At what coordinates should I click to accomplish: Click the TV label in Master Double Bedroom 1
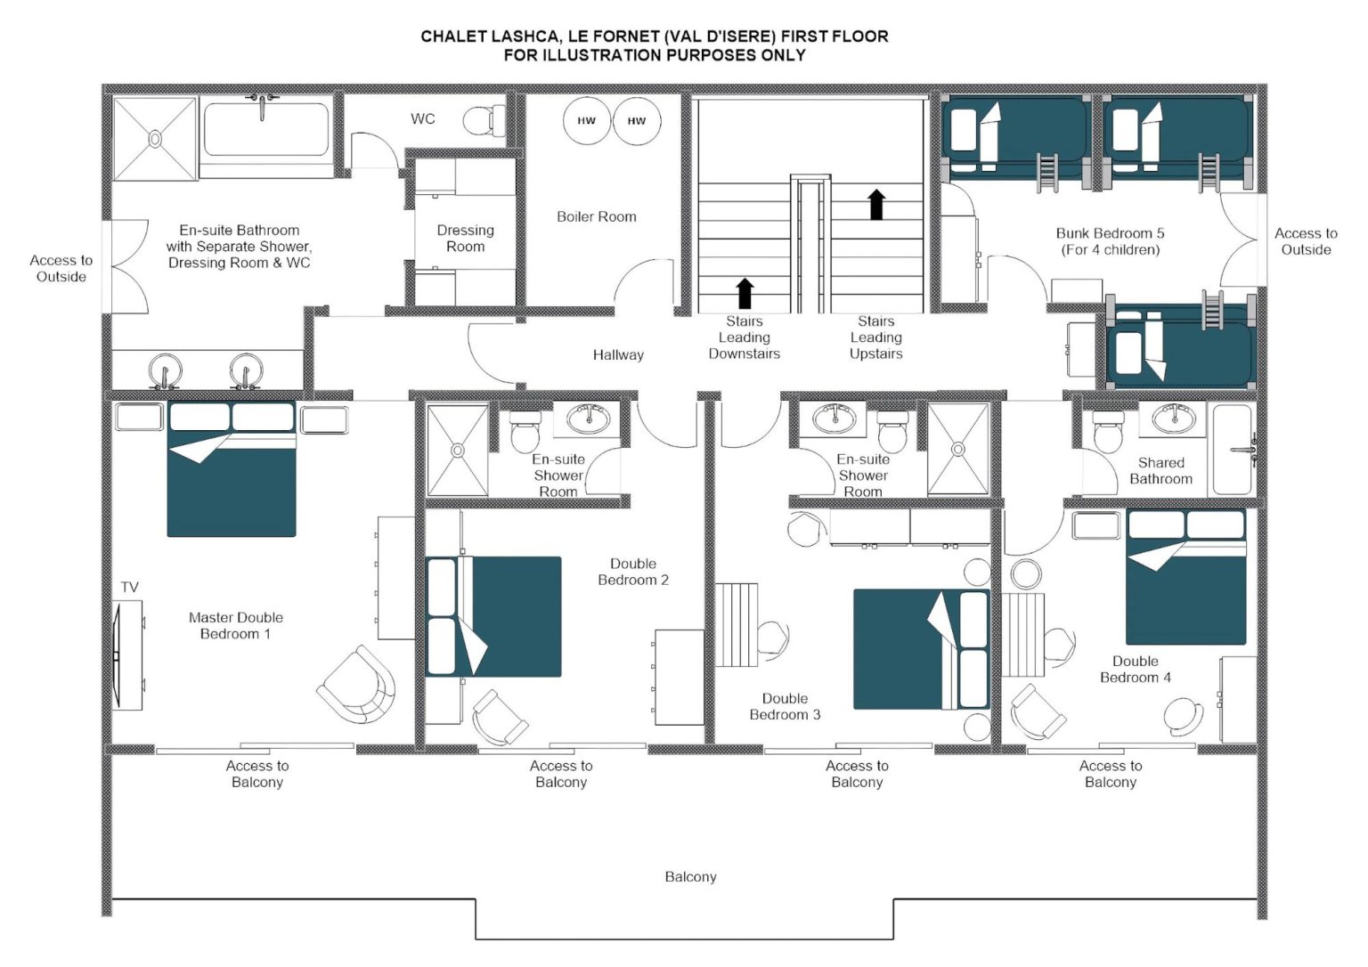[x=129, y=588]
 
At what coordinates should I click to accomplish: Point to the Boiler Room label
[x=596, y=216]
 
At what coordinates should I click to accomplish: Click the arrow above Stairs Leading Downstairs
[x=744, y=293]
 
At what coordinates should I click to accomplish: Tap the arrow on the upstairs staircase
[x=876, y=204]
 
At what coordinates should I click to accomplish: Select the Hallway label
[x=618, y=354]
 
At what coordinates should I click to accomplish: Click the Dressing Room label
[x=466, y=238]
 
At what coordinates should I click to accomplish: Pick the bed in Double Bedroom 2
[x=493, y=616]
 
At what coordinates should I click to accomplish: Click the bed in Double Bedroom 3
[x=921, y=649]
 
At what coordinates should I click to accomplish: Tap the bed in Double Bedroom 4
[x=1185, y=577]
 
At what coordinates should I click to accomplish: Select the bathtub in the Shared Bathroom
[x=1233, y=451]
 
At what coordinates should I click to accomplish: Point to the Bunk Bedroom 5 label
[x=1110, y=241]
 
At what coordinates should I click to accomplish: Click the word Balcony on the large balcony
[x=690, y=877]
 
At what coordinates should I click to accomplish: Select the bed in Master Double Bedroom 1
[x=232, y=469]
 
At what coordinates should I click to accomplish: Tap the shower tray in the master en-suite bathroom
[x=155, y=139]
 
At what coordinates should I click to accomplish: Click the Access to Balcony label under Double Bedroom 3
[x=857, y=774]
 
